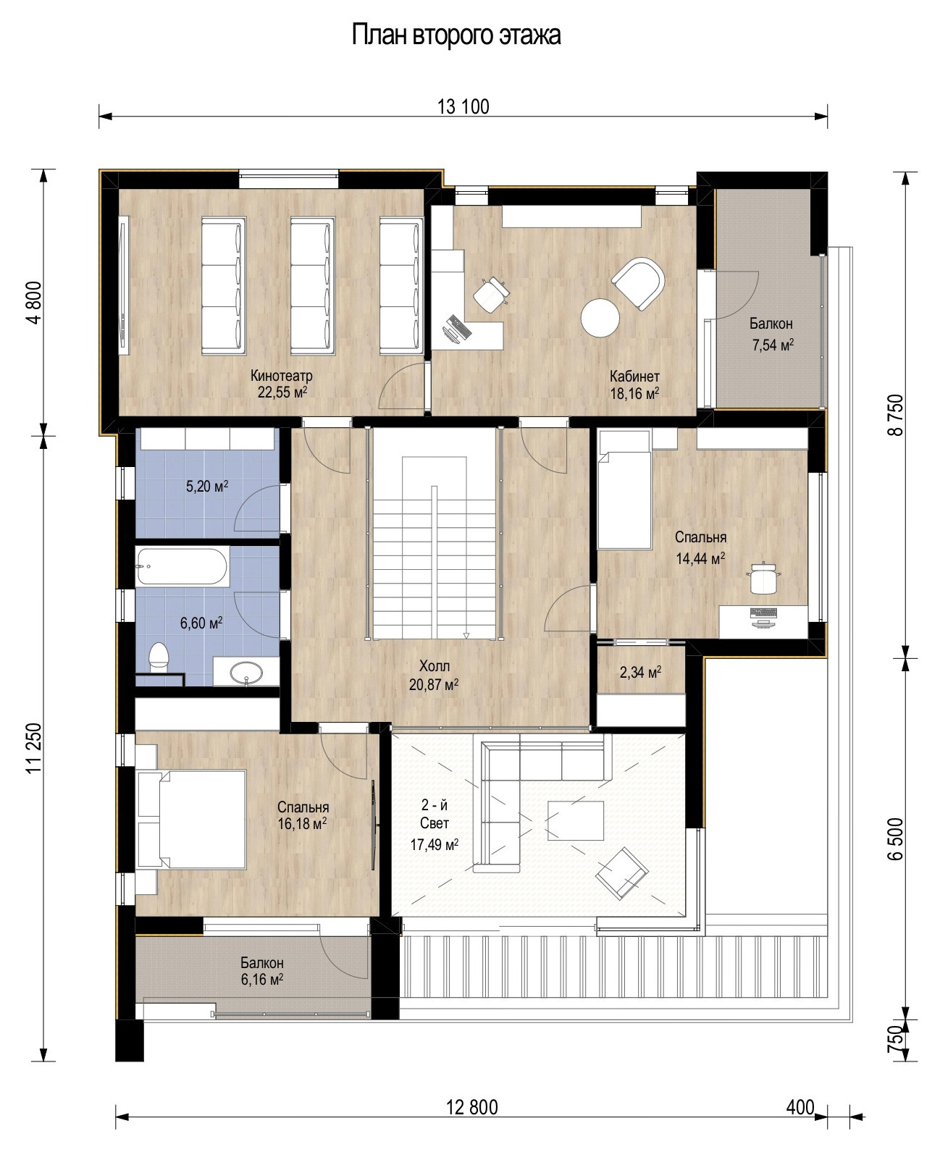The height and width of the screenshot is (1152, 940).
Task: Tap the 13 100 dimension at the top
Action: coord(463,107)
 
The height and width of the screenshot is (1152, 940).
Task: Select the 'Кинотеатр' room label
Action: coord(282,376)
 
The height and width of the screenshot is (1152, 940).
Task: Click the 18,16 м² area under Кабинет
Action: coord(634,393)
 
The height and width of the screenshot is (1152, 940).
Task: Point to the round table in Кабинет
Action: coord(601,317)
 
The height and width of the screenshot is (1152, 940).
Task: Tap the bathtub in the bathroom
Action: coord(182,566)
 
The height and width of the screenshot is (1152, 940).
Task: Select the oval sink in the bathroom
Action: coord(246,673)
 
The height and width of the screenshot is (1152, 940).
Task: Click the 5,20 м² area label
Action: coord(207,486)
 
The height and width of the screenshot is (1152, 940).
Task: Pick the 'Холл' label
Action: coord(434,666)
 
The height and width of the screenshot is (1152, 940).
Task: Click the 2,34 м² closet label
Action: coord(640,673)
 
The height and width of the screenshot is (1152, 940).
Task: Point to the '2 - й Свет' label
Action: coord(435,815)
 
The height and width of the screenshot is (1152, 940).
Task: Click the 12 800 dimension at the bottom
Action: coord(472,1107)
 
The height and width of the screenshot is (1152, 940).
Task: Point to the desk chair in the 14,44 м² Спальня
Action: coord(763,579)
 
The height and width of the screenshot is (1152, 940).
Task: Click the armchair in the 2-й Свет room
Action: coord(621,873)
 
